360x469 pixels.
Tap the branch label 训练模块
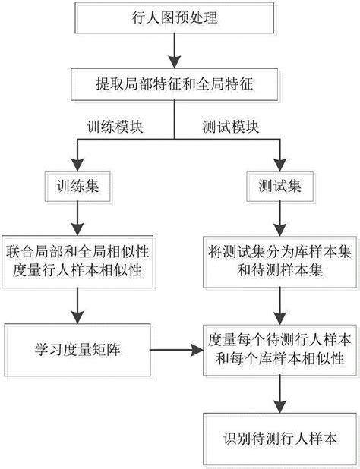[109, 127]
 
